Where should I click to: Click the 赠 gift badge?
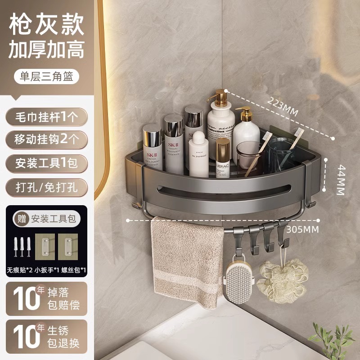click(20, 219)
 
